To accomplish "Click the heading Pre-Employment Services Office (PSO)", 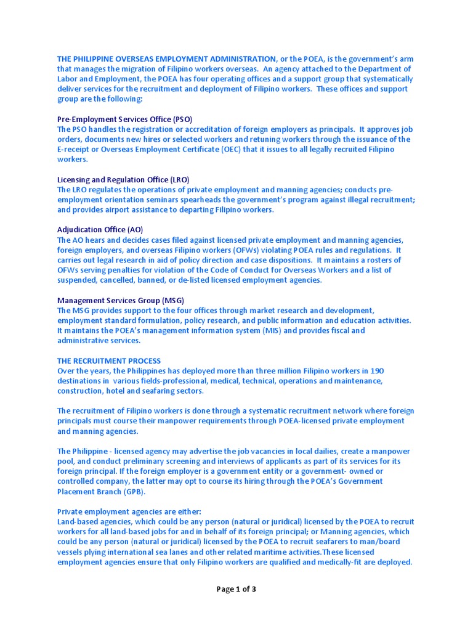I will click(125, 119).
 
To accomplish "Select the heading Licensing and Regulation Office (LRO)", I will click(123, 179).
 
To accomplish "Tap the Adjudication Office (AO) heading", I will click(100, 230).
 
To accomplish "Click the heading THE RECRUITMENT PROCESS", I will click(109, 360).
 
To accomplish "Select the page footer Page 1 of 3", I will click(236, 589).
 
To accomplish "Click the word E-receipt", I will click(75, 149).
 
